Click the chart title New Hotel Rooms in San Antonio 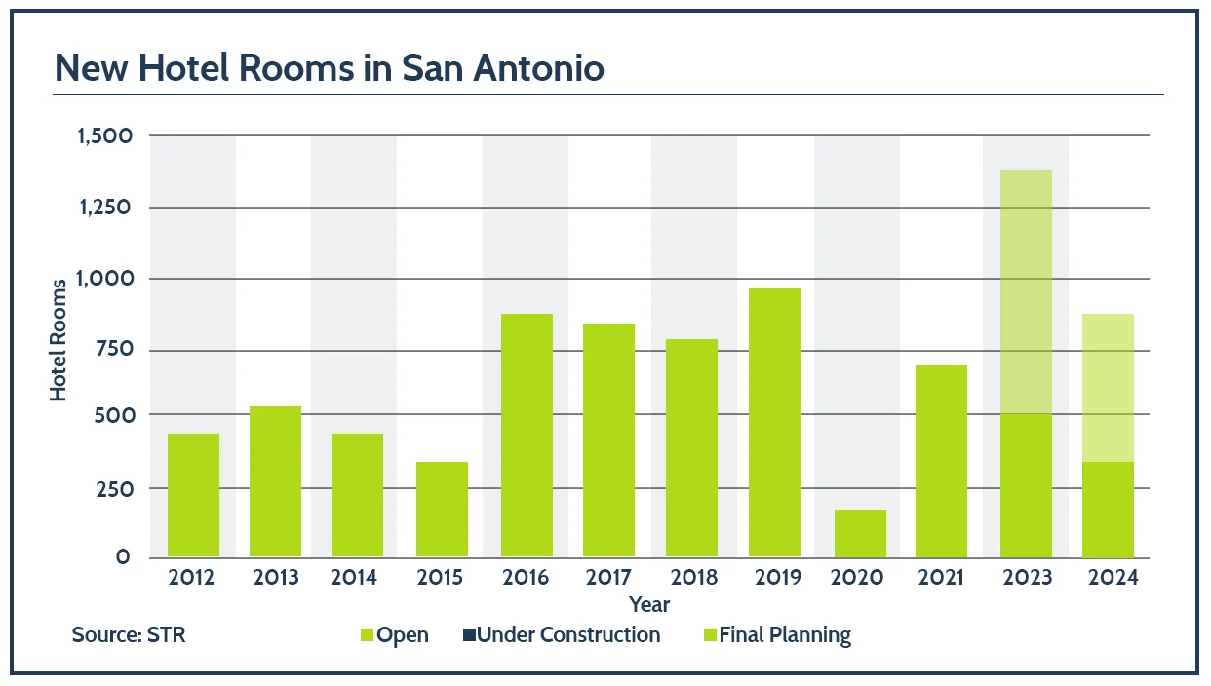[329, 68]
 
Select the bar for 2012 [193, 495]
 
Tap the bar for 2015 [442, 510]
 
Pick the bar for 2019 [774, 423]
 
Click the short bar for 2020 [860, 534]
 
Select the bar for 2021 [941, 462]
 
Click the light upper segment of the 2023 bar [1026, 292]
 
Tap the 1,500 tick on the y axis [104, 135]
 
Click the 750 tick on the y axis [111, 350]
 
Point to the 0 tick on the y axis [124, 557]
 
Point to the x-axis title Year [649, 605]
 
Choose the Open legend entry [394, 635]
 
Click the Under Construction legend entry [562, 635]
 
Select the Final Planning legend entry [776, 635]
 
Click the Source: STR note [128, 635]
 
